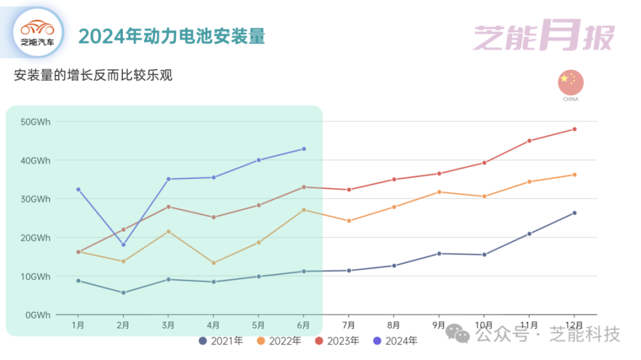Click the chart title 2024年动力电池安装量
click(x=172, y=36)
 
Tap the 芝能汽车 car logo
click(x=38, y=32)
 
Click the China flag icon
click(x=570, y=82)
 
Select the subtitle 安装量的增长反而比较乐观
click(x=93, y=75)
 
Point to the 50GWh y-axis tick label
click(x=35, y=122)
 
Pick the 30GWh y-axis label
click(x=35, y=199)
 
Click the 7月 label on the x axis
click(x=349, y=325)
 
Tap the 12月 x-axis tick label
click(x=574, y=325)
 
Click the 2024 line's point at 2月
click(x=124, y=244)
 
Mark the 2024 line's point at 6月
click(x=304, y=149)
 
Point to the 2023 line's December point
click(x=574, y=129)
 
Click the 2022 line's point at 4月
click(x=214, y=262)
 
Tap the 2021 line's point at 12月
click(x=574, y=213)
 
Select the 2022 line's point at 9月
click(x=439, y=192)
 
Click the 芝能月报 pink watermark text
click(x=543, y=37)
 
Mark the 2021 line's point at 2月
click(x=124, y=293)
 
